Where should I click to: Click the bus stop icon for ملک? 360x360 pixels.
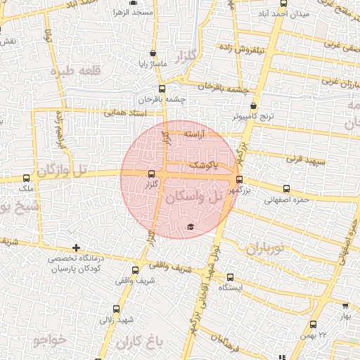pyautogui.click(x=27, y=178)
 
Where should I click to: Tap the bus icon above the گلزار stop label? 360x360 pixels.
pyautogui.click(x=151, y=174)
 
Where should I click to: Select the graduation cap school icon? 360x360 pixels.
pyautogui.click(x=190, y=226)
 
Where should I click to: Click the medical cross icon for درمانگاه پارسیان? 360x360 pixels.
pyautogui.click(x=76, y=247)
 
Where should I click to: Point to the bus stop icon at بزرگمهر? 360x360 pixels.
pyautogui.click(x=239, y=179)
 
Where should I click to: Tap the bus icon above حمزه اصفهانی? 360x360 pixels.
pyautogui.click(x=285, y=188)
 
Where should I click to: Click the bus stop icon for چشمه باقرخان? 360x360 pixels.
pyautogui.click(x=162, y=89)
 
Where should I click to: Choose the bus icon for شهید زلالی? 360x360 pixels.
pyautogui.click(x=116, y=309)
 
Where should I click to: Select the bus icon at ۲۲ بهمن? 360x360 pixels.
pyautogui.click(x=313, y=324)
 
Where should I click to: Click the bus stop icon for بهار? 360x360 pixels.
pyautogui.click(x=345, y=307)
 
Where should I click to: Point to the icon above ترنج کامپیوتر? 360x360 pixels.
pyautogui.click(x=243, y=105)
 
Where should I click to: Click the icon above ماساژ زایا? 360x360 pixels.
pyautogui.click(x=153, y=53)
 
